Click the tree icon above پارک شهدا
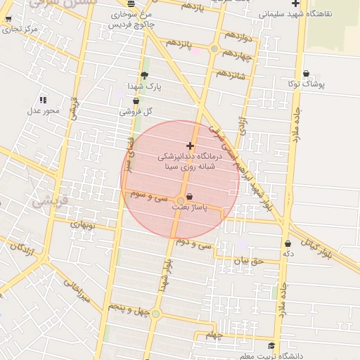(145, 76)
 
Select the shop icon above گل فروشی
(136, 101)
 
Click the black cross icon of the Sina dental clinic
(191, 145)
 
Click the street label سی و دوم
(195, 245)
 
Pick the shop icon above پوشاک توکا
(307, 74)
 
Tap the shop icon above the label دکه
(288, 243)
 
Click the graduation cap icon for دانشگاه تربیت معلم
(271, 346)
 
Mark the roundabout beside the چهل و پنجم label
(155, 314)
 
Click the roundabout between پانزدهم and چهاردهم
(214, 49)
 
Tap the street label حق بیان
(248, 261)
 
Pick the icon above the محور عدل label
(44, 100)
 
